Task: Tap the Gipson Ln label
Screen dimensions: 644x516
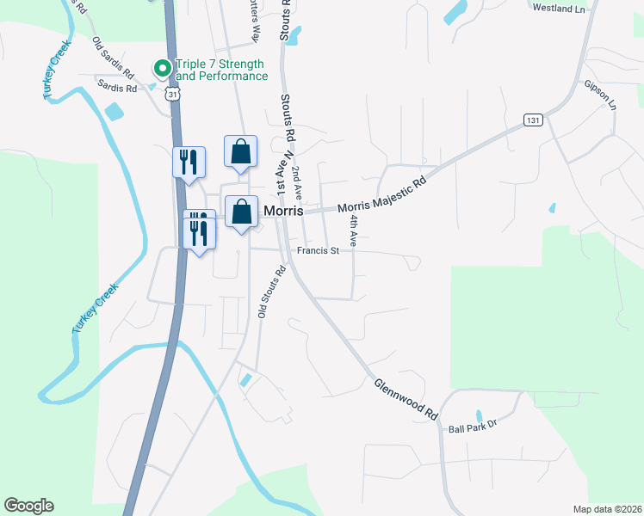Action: click(600, 95)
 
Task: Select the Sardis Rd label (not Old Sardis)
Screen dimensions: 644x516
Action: click(117, 87)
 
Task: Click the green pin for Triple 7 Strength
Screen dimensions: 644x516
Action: click(161, 66)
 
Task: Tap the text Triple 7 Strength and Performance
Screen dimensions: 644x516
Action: click(221, 70)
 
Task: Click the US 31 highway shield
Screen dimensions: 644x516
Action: click(174, 95)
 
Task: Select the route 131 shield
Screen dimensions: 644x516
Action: click(534, 120)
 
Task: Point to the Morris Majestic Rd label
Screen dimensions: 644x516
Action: click(381, 195)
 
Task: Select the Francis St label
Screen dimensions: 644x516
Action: click(319, 251)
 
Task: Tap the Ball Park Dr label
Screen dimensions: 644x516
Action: click(474, 423)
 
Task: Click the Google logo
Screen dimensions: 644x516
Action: click(28, 506)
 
